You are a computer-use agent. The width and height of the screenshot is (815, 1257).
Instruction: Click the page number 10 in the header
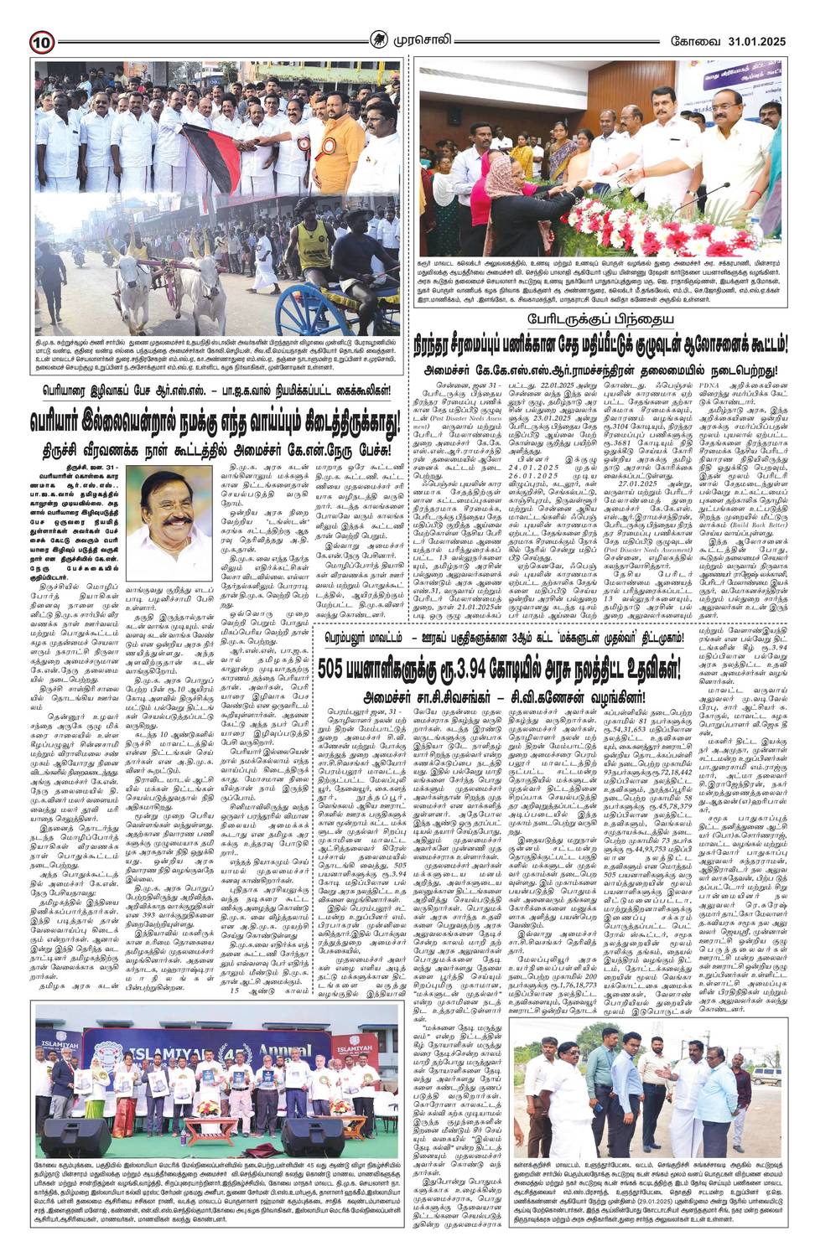43,39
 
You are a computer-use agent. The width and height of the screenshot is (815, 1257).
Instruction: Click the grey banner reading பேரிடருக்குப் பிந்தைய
584,318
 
